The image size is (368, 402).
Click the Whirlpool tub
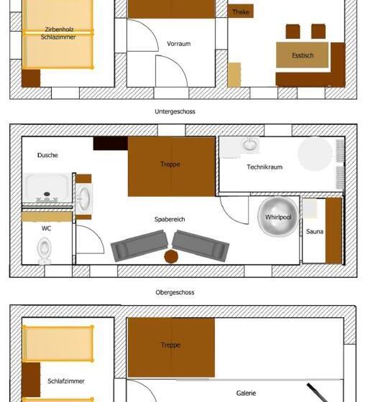[278, 217]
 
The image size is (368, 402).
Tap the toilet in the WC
[44, 251]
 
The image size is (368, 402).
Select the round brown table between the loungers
[171, 256]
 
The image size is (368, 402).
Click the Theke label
[241, 11]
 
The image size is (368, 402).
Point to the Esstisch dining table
[302, 55]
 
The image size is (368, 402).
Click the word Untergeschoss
[175, 111]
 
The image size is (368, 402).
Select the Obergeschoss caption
[175, 292]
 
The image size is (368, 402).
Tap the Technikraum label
[264, 167]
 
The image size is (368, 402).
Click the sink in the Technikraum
[249, 144]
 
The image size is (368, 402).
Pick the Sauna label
[315, 231]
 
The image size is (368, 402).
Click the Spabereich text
[170, 219]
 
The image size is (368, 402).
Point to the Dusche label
[47, 155]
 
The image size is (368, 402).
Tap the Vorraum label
[179, 44]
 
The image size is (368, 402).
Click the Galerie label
[246, 393]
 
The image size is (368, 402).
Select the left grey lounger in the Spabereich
[139, 246]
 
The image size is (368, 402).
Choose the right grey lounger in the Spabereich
[201, 246]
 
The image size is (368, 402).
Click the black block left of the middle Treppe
[111, 144]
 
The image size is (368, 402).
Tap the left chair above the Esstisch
[293, 32]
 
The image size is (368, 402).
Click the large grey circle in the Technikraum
[315, 154]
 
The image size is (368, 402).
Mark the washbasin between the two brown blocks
[83, 199]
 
